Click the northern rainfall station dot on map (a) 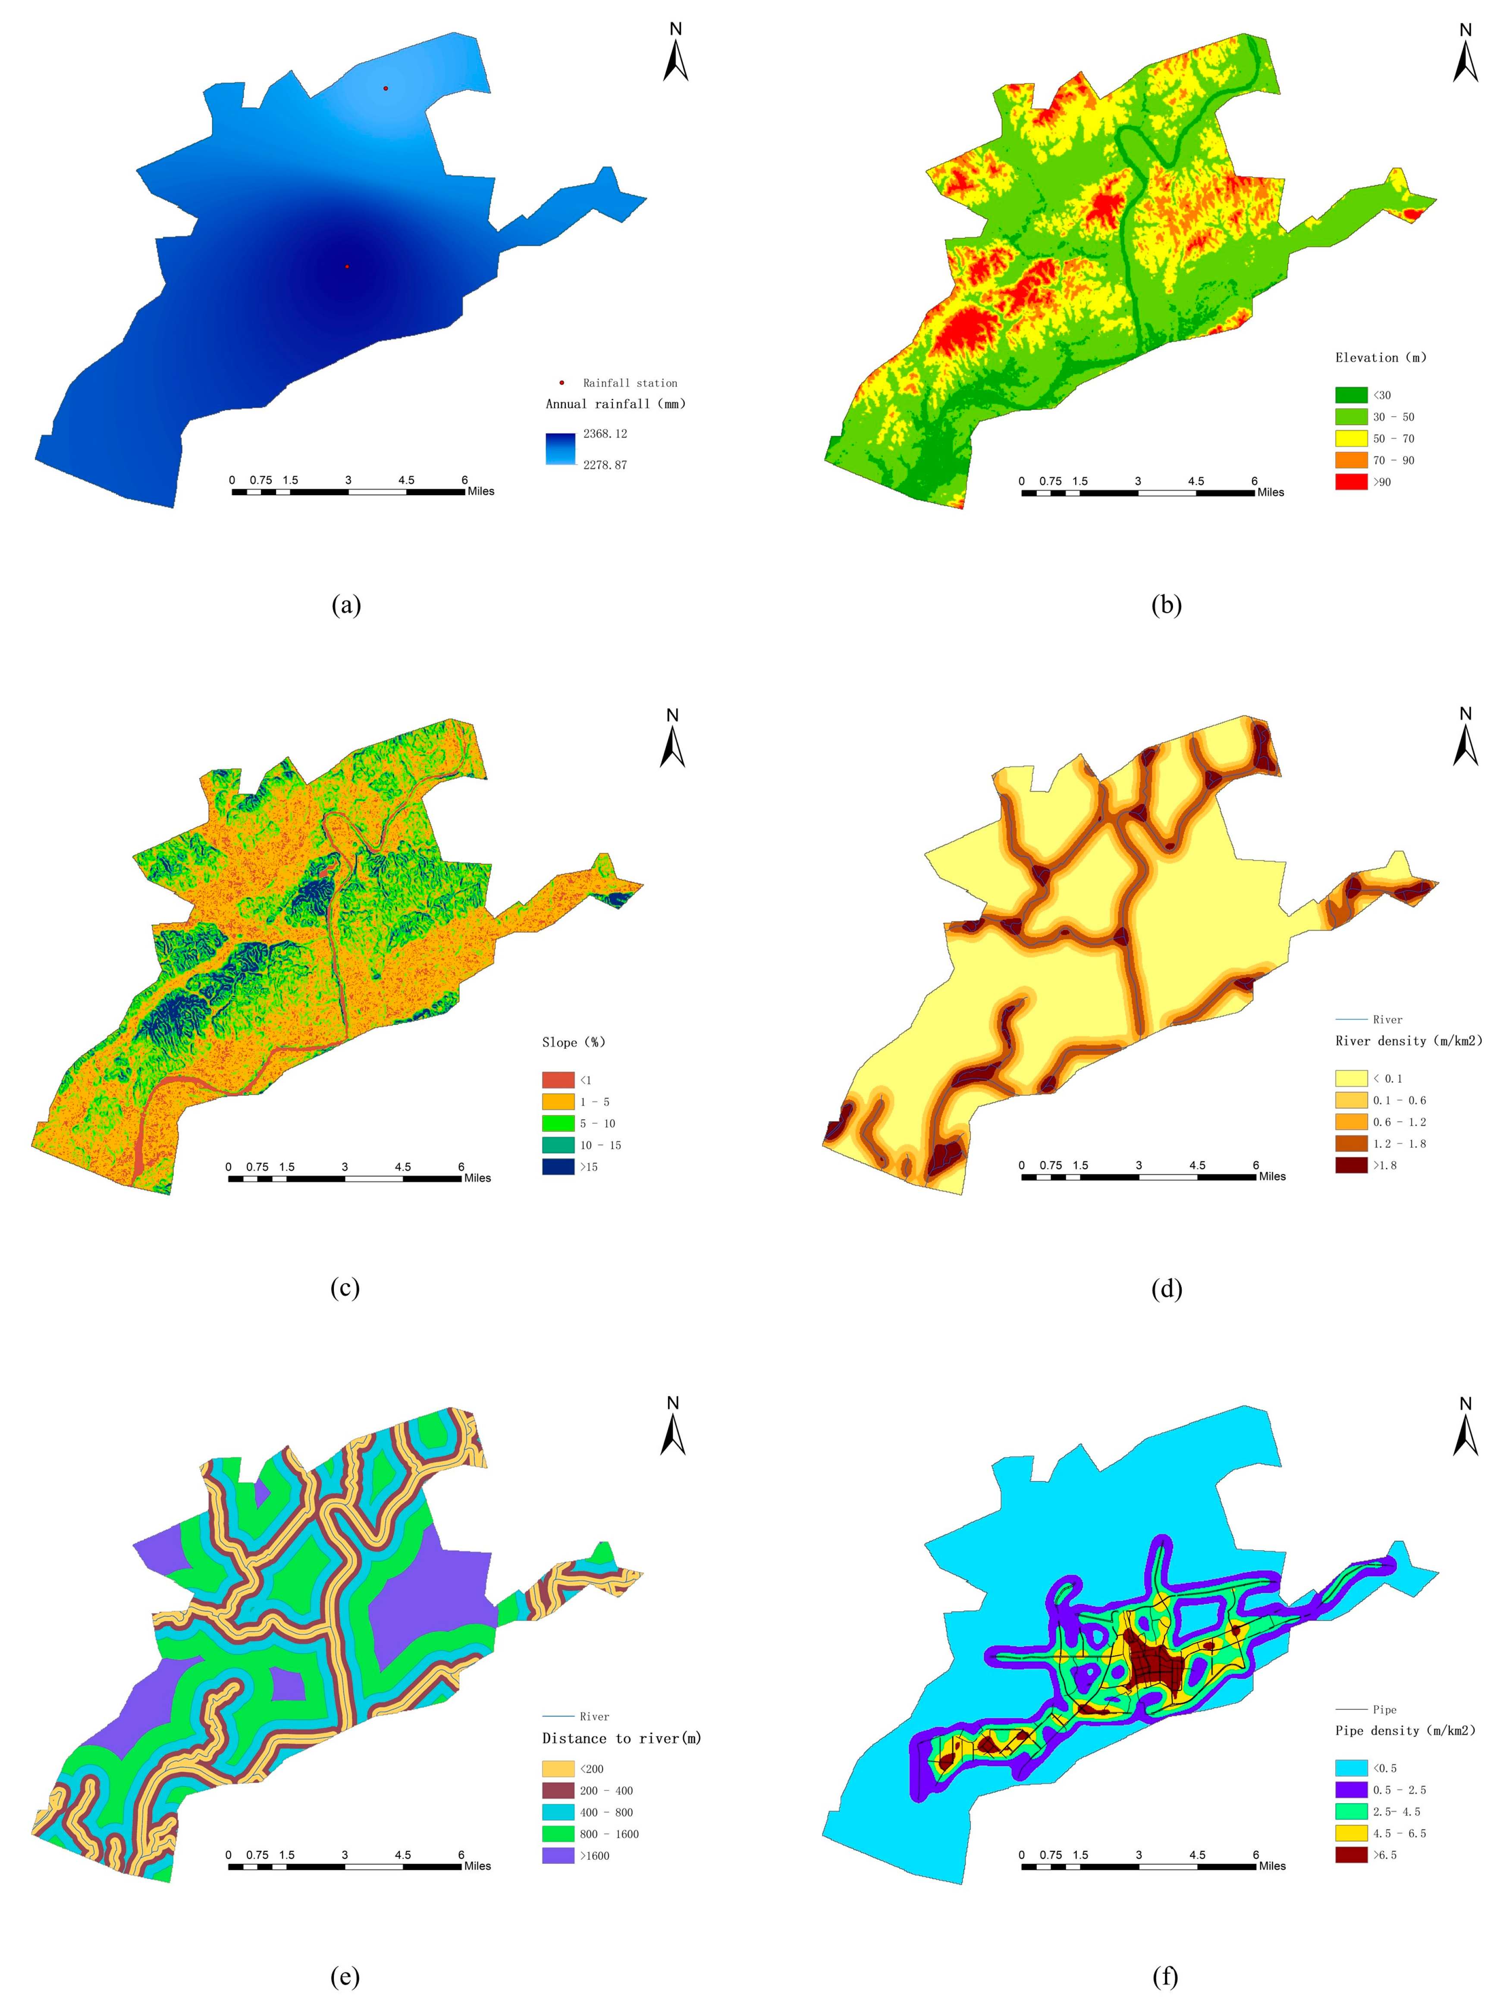[385, 88]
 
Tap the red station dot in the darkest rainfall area [346, 266]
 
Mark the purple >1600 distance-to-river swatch [558, 1856]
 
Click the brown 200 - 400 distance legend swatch [558, 1790]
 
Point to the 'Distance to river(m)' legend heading [621, 1738]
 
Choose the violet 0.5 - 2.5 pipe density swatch [1350, 1789]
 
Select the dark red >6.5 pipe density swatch [1350, 1855]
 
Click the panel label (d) [1166, 1288]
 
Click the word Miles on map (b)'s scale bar [1271, 492]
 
